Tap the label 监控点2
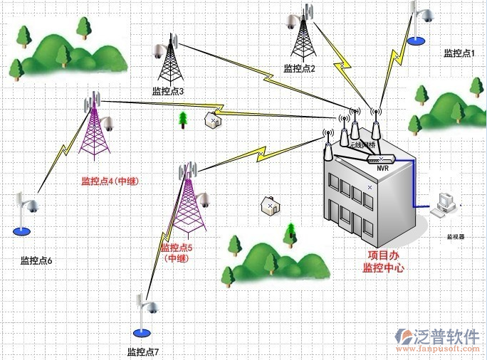click(299, 68)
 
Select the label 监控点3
click(168, 91)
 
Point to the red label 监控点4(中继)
click(110, 181)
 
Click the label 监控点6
click(36, 260)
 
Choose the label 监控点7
click(143, 352)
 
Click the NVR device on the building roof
click(381, 159)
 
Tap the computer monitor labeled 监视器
click(445, 204)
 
